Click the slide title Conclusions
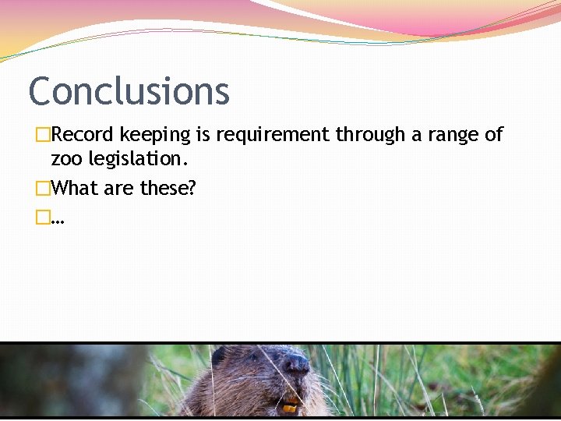pyautogui.click(x=129, y=91)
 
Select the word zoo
pyautogui.click(x=66, y=160)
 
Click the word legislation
pyautogui.click(x=138, y=161)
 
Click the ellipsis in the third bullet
pyautogui.click(x=58, y=221)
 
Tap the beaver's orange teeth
pyautogui.click(x=290, y=407)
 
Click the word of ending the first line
pyautogui.click(x=494, y=135)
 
